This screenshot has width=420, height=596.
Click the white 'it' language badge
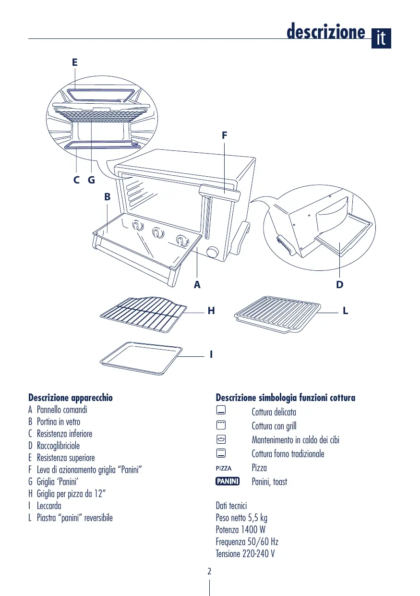pyautogui.click(x=381, y=38)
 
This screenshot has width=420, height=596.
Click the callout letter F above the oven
pyautogui.click(x=224, y=135)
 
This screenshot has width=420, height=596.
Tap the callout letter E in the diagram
pyautogui.click(x=74, y=62)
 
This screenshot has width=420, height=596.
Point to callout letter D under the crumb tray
pyautogui.click(x=340, y=285)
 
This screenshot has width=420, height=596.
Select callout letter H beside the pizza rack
pyautogui.click(x=211, y=311)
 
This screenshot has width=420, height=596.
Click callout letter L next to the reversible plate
pyautogui.click(x=346, y=311)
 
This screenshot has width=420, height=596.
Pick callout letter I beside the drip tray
pyautogui.click(x=211, y=355)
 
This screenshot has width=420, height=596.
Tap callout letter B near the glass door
pyautogui.click(x=108, y=196)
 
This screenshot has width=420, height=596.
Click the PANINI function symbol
pyautogui.click(x=228, y=481)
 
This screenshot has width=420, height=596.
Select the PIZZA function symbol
pyautogui.click(x=224, y=468)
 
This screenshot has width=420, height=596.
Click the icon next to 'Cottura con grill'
pyautogui.click(x=221, y=425)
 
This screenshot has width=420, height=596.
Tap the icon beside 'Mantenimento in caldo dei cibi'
pyautogui.click(x=221, y=439)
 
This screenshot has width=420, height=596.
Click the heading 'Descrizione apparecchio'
pyautogui.click(x=71, y=398)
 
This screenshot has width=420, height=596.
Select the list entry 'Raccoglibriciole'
pyautogui.click(x=58, y=446)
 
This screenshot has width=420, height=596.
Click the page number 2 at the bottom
pyautogui.click(x=209, y=572)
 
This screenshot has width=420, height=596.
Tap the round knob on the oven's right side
pyautogui.click(x=212, y=252)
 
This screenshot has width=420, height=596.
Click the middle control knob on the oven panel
pyautogui.click(x=157, y=233)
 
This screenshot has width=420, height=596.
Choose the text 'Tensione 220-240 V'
pyautogui.click(x=245, y=554)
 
